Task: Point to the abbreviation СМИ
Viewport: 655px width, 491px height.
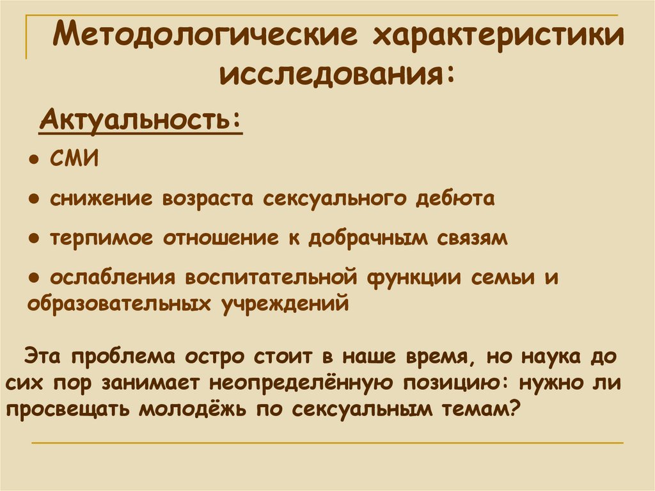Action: click(74, 159)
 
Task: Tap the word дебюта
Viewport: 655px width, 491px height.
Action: click(455, 198)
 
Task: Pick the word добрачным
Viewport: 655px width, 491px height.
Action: click(363, 238)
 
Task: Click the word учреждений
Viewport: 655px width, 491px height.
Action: click(286, 302)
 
